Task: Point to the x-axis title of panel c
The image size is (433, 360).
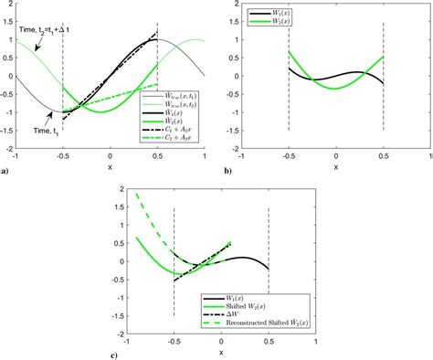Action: [x=220, y=355]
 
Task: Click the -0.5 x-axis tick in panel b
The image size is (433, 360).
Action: [x=289, y=156]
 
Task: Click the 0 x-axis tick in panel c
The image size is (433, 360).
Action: [x=221, y=347]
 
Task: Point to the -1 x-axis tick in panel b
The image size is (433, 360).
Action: [x=242, y=156]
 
